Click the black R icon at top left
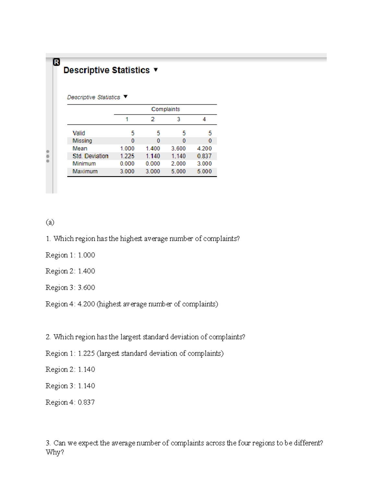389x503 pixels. coord(56,62)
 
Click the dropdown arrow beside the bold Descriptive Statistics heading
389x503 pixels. coord(156,70)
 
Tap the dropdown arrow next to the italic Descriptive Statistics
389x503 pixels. coord(126,97)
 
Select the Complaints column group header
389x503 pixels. coord(165,109)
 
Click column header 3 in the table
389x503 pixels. coord(178,119)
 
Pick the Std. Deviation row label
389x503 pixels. coord(90,156)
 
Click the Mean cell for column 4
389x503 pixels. coord(204,148)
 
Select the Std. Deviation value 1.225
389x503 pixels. coord(127,156)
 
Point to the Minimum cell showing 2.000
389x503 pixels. coord(178,164)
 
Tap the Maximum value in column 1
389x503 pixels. coord(127,171)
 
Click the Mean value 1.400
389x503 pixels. coord(153,148)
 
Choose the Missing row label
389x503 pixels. coord(82,141)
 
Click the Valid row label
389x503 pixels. coord(78,133)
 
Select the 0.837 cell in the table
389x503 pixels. coord(204,156)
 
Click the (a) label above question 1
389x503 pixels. coord(50,222)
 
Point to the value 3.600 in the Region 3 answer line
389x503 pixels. coord(86,288)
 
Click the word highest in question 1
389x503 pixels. coord(131,239)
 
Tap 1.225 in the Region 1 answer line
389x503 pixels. coord(86,353)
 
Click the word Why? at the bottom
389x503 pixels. coord(55,452)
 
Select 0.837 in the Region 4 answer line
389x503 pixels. coord(86,402)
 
